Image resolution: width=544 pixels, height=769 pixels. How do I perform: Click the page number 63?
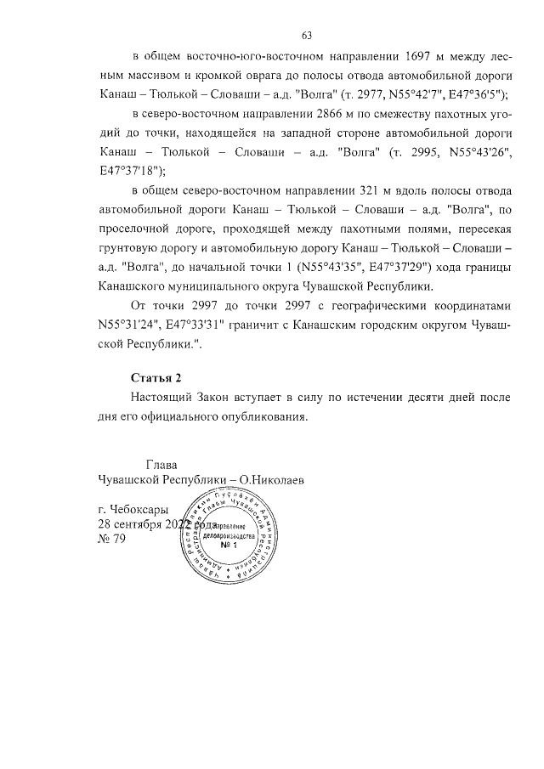(307, 35)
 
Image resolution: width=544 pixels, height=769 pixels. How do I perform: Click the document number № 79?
(112, 542)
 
